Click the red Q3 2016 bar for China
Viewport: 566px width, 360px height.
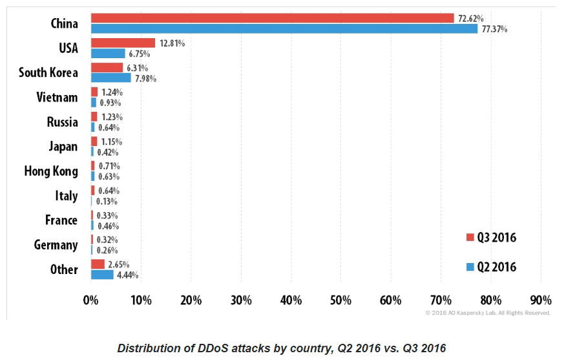point(271,18)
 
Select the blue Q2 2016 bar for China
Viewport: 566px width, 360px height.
point(284,29)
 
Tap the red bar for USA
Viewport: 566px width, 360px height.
point(123,43)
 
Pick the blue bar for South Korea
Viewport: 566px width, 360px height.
point(110,78)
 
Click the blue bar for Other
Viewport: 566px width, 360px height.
point(102,275)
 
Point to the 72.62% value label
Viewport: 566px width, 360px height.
point(471,18)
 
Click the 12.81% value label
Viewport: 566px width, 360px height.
point(173,43)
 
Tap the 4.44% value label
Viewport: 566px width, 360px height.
point(127,275)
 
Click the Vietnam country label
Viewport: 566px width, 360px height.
point(57,98)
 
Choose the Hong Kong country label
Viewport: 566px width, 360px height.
point(51,171)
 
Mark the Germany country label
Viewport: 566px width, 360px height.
point(56,245)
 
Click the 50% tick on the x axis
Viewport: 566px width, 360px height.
point(341,300)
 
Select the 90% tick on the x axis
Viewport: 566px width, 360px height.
point(541,300)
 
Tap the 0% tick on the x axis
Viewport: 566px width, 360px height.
point(91,300)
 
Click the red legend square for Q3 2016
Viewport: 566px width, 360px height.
point(470,238)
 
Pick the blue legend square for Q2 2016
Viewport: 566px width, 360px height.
point(470,267)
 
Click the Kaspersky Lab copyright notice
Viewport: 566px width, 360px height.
point(488,313)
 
